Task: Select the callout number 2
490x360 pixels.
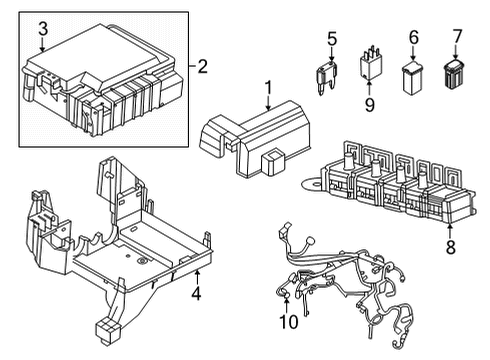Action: (203, 67)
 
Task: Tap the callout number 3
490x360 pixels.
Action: (41, 29)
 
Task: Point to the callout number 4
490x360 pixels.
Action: (196, 294)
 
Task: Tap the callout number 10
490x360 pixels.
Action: (288, 322)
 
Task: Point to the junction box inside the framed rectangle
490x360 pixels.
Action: (100, 80)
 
